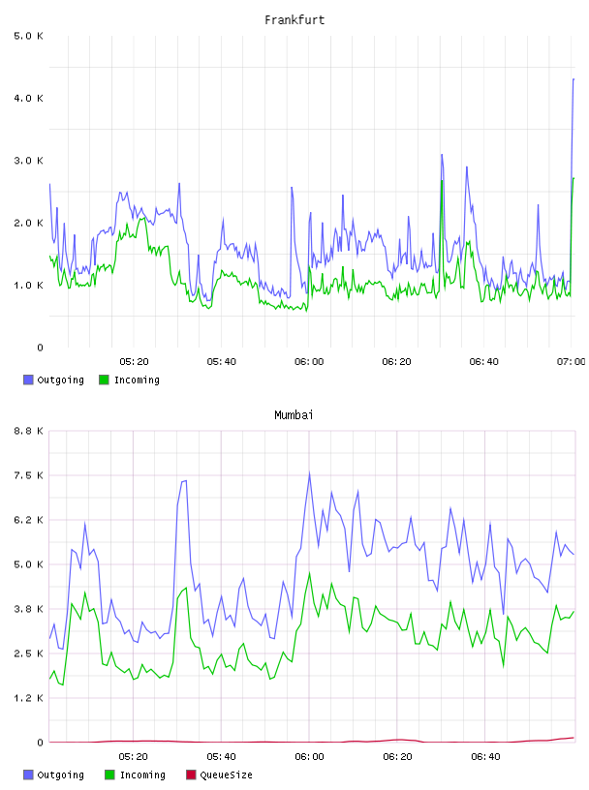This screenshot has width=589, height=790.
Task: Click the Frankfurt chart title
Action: (294, 20)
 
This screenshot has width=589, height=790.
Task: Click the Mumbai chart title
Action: (294, 415)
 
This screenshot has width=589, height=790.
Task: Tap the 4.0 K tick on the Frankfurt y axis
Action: (28, 98)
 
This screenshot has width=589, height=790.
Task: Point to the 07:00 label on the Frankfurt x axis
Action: (572, 361)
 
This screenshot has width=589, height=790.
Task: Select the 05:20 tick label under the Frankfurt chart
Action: (134, 361)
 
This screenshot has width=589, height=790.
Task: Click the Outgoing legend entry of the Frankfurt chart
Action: (53, 380)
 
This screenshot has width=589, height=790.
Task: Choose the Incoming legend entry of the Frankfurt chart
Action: (129, 380)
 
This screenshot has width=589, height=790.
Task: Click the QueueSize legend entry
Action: (219, 775)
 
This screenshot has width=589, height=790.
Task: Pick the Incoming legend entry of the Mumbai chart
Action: (136, 775)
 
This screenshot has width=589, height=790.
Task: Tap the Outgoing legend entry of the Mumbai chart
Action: (53, 775)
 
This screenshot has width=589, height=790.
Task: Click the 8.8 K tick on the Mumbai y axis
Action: (28, 431)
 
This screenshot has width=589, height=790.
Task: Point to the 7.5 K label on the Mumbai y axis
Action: (28, 475)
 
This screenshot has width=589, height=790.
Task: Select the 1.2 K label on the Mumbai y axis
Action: (28, 698)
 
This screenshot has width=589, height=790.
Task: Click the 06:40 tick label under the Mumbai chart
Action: (485, 756)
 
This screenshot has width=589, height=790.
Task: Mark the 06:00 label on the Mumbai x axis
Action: (310, 756)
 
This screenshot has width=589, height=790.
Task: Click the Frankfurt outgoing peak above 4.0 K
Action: (573, 79)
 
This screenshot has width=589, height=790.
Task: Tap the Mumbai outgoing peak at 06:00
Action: (309, 472)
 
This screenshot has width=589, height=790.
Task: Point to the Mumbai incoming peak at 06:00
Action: (309, 573)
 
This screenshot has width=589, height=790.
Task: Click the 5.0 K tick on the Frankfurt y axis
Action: (28, 36)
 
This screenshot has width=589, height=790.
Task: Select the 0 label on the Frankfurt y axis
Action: (40, 348)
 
